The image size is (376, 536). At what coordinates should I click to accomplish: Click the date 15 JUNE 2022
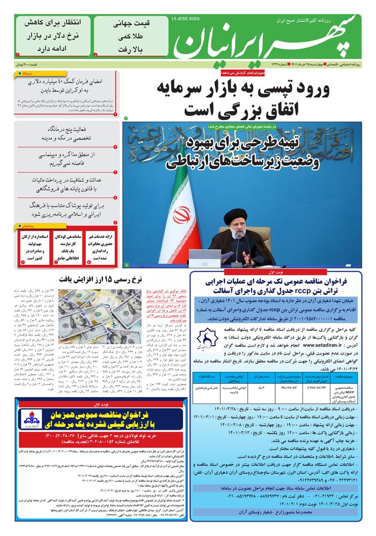[x=186, y=18]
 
